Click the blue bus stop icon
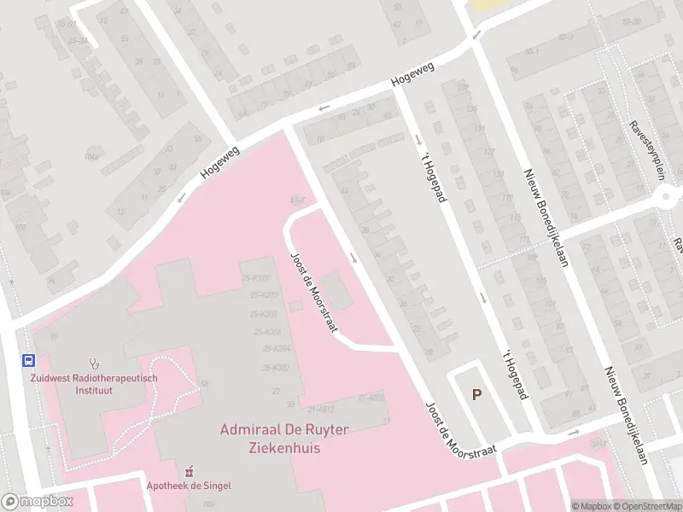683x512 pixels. tap(28, 360)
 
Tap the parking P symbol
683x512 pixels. tap(477, 393)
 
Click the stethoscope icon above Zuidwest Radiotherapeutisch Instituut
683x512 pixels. tap(94, 364)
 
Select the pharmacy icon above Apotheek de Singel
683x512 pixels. tap(190, 471)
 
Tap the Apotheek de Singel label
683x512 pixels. tap(190, 486)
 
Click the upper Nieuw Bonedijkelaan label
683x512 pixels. tap(546, 218)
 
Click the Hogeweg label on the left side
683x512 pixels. tap(219, 161)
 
